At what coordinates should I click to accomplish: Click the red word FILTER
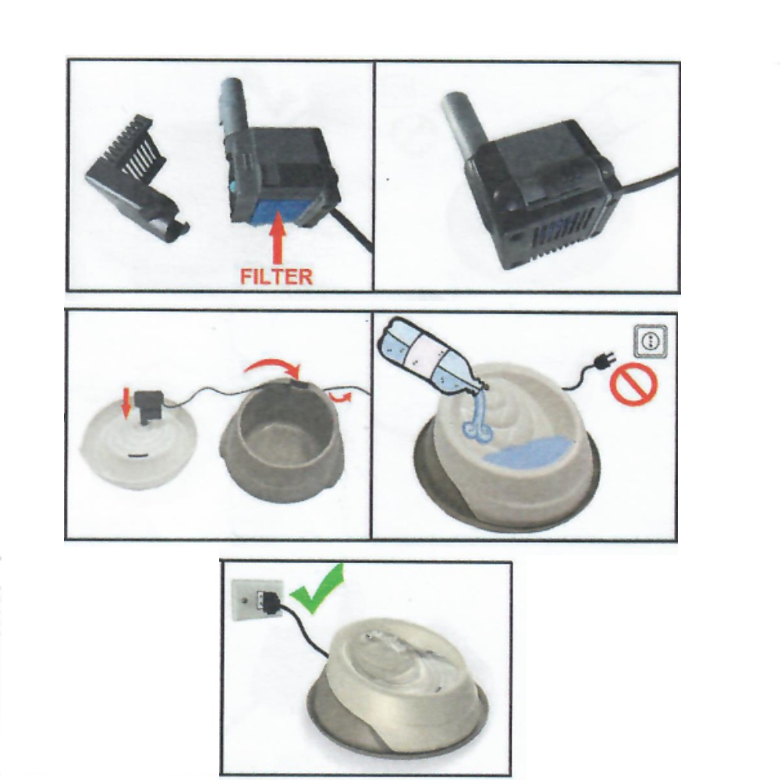tap(276, 277)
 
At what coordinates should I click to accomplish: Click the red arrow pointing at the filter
tap(278, 237)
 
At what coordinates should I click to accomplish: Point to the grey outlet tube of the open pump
tap(232, 106)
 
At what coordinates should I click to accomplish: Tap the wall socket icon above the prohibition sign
tap(651, 341)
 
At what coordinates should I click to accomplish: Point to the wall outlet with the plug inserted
tap(257, 598)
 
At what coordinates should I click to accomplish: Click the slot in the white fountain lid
tap(136, 456)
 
